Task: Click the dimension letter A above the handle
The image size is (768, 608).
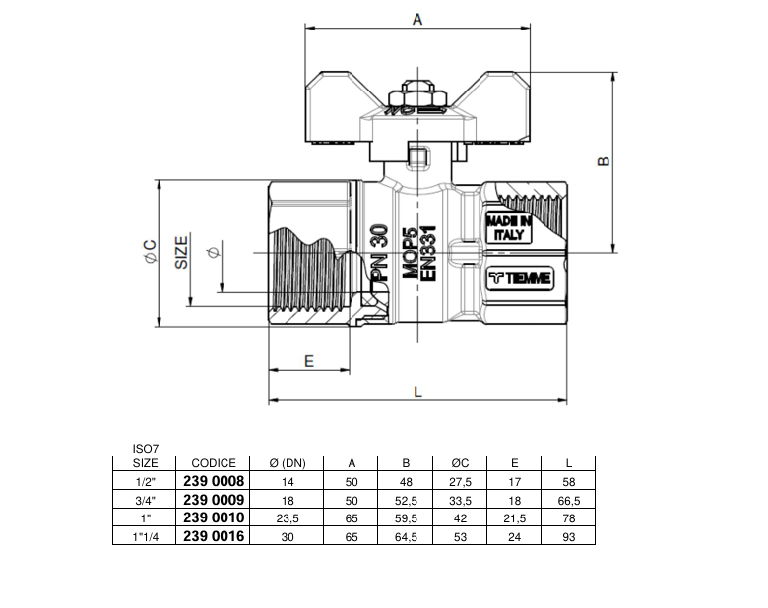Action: coord(417,19)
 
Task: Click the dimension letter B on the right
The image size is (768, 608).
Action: coord(605,161)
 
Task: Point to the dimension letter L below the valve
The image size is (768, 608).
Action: coord(417,392)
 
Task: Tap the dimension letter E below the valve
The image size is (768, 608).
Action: coord(308,361)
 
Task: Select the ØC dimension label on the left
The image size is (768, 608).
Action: coord(151,252)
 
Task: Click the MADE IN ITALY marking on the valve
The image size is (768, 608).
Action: coord(509,228)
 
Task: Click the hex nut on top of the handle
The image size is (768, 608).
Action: coord(416,98)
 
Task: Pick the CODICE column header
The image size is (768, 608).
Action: coord(214,463)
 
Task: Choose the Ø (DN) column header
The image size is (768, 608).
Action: coord(287,463)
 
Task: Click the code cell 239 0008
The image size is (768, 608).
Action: coord(214,481)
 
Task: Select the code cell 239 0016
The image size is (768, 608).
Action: coord(214,536)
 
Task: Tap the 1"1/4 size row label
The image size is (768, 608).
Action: coord(146,536)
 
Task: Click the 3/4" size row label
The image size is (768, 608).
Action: coord(146,500)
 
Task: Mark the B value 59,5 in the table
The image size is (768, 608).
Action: coord(405,517)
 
